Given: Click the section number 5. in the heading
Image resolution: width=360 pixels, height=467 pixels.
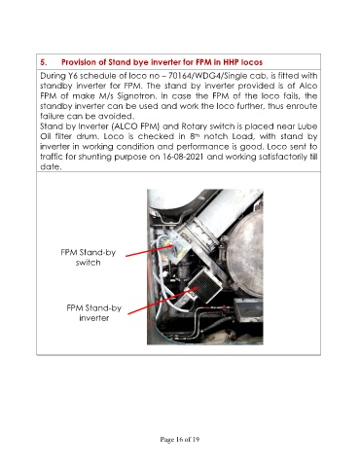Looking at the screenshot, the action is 44,62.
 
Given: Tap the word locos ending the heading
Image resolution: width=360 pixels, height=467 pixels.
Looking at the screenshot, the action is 252,62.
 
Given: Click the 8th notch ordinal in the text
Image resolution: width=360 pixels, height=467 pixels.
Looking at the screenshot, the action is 193,136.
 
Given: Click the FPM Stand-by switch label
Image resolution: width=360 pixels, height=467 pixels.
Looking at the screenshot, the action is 88,258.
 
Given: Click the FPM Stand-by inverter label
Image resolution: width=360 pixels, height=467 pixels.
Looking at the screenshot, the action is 93,312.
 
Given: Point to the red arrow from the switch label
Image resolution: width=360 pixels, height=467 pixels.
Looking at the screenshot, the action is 149,251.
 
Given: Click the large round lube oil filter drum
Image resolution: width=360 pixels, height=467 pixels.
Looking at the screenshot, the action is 245,253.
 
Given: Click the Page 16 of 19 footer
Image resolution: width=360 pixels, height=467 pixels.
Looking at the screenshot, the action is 180,440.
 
